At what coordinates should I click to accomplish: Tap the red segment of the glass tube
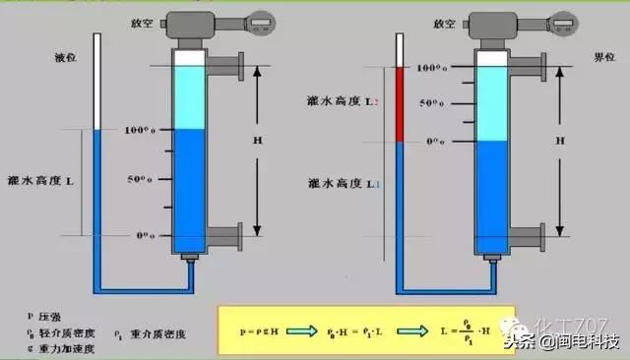click(401, 105)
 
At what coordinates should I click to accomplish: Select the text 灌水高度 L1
click(341, 183)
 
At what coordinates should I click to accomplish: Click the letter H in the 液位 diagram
click(258, 142)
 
